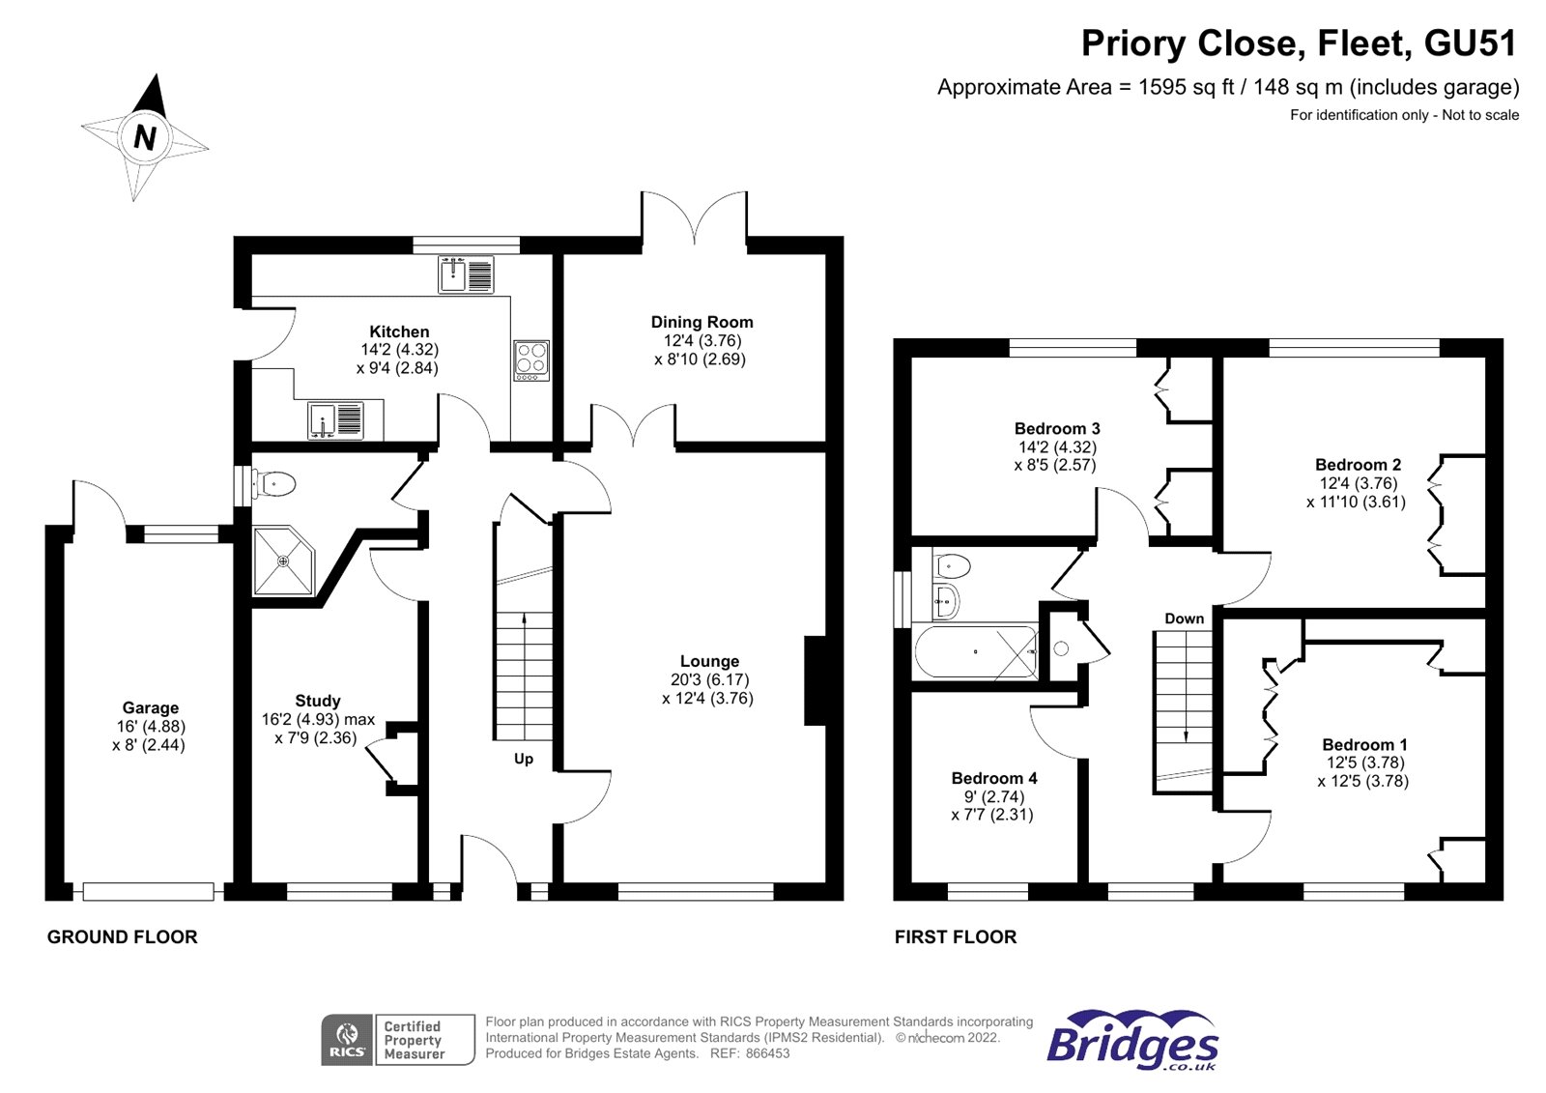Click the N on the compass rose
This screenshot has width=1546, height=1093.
tap(145, 137)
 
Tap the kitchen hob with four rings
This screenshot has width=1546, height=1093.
tap(530, 360)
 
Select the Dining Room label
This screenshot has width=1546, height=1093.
tap(701, 322)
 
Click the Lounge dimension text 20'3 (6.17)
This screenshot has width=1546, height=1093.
tap(709, 680)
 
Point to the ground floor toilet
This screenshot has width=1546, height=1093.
tap(274, 483)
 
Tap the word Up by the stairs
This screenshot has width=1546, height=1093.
tap(524, 759)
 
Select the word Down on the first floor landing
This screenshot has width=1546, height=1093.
tap(1184, 618)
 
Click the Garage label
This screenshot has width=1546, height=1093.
tap(150, 707)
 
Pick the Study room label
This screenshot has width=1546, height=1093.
tap(318, 701)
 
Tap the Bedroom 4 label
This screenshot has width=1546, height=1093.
tap(993, 778)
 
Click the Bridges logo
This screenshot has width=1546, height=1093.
tap(1132, 1041)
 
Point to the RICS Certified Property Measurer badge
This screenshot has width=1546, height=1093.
tap(398, 1040)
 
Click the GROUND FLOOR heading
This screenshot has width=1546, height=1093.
tap(123, 936)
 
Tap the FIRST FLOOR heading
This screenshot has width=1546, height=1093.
tap(956, 936)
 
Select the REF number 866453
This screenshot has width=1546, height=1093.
tap(767, 1053)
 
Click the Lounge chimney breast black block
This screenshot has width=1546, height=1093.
tap(815, 680)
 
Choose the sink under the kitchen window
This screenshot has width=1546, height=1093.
tap(466, 274)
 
